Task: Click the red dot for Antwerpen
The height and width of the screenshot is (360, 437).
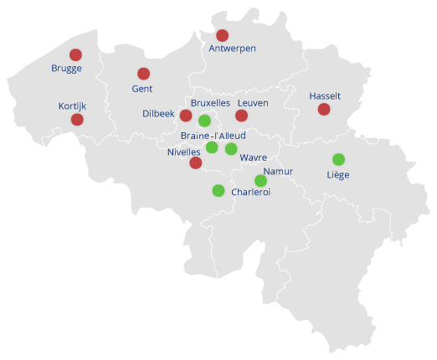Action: pos(222,35)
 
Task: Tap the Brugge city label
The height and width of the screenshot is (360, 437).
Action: pos(66,69)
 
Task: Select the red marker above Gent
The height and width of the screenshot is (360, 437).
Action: pos(143,74)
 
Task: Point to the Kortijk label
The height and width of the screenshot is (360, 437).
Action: pos(73,106)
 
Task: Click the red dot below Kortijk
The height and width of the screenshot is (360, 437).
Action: pos(77,120)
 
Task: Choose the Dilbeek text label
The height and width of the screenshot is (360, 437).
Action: pos(158,114)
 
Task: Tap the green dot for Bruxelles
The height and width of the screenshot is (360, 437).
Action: pos(204,121)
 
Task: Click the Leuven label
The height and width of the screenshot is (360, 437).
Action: pos(252,103)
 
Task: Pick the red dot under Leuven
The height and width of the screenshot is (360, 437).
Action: pos(241,116)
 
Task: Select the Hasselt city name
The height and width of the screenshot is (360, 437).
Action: pos(325,96)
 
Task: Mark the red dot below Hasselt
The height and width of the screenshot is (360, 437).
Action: pos(324,110)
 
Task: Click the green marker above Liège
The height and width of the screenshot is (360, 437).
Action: pos(338,159)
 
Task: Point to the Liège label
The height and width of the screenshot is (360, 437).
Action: pos(338,175)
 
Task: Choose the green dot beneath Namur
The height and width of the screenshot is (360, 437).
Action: pos(260,181)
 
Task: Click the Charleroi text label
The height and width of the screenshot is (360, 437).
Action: pos(250,192)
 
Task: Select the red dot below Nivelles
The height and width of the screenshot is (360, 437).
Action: pos(195,162)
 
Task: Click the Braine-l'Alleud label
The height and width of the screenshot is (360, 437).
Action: pos(213,136)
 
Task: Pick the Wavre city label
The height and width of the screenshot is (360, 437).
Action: pos(253,157)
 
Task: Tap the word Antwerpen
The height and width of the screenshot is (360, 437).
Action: pos(232,49)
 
